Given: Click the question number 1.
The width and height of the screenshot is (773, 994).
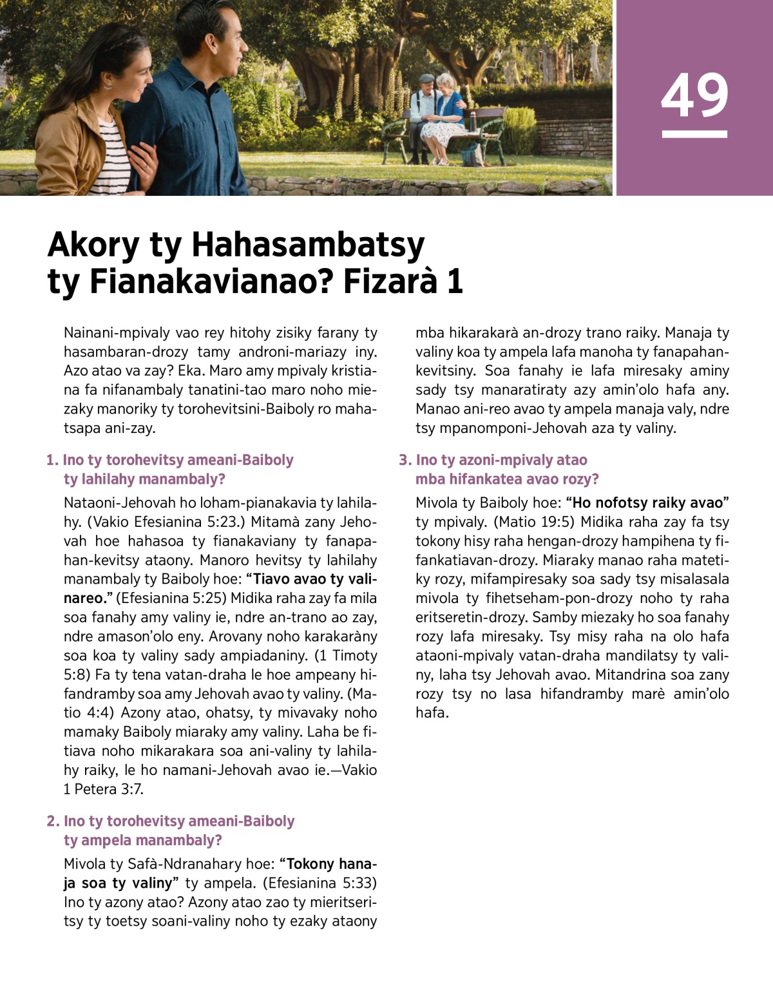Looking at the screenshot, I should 52,460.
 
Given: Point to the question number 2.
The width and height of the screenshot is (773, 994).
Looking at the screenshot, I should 52,821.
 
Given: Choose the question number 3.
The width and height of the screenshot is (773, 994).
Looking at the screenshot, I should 405,460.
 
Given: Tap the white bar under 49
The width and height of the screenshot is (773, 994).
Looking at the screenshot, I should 694,134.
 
